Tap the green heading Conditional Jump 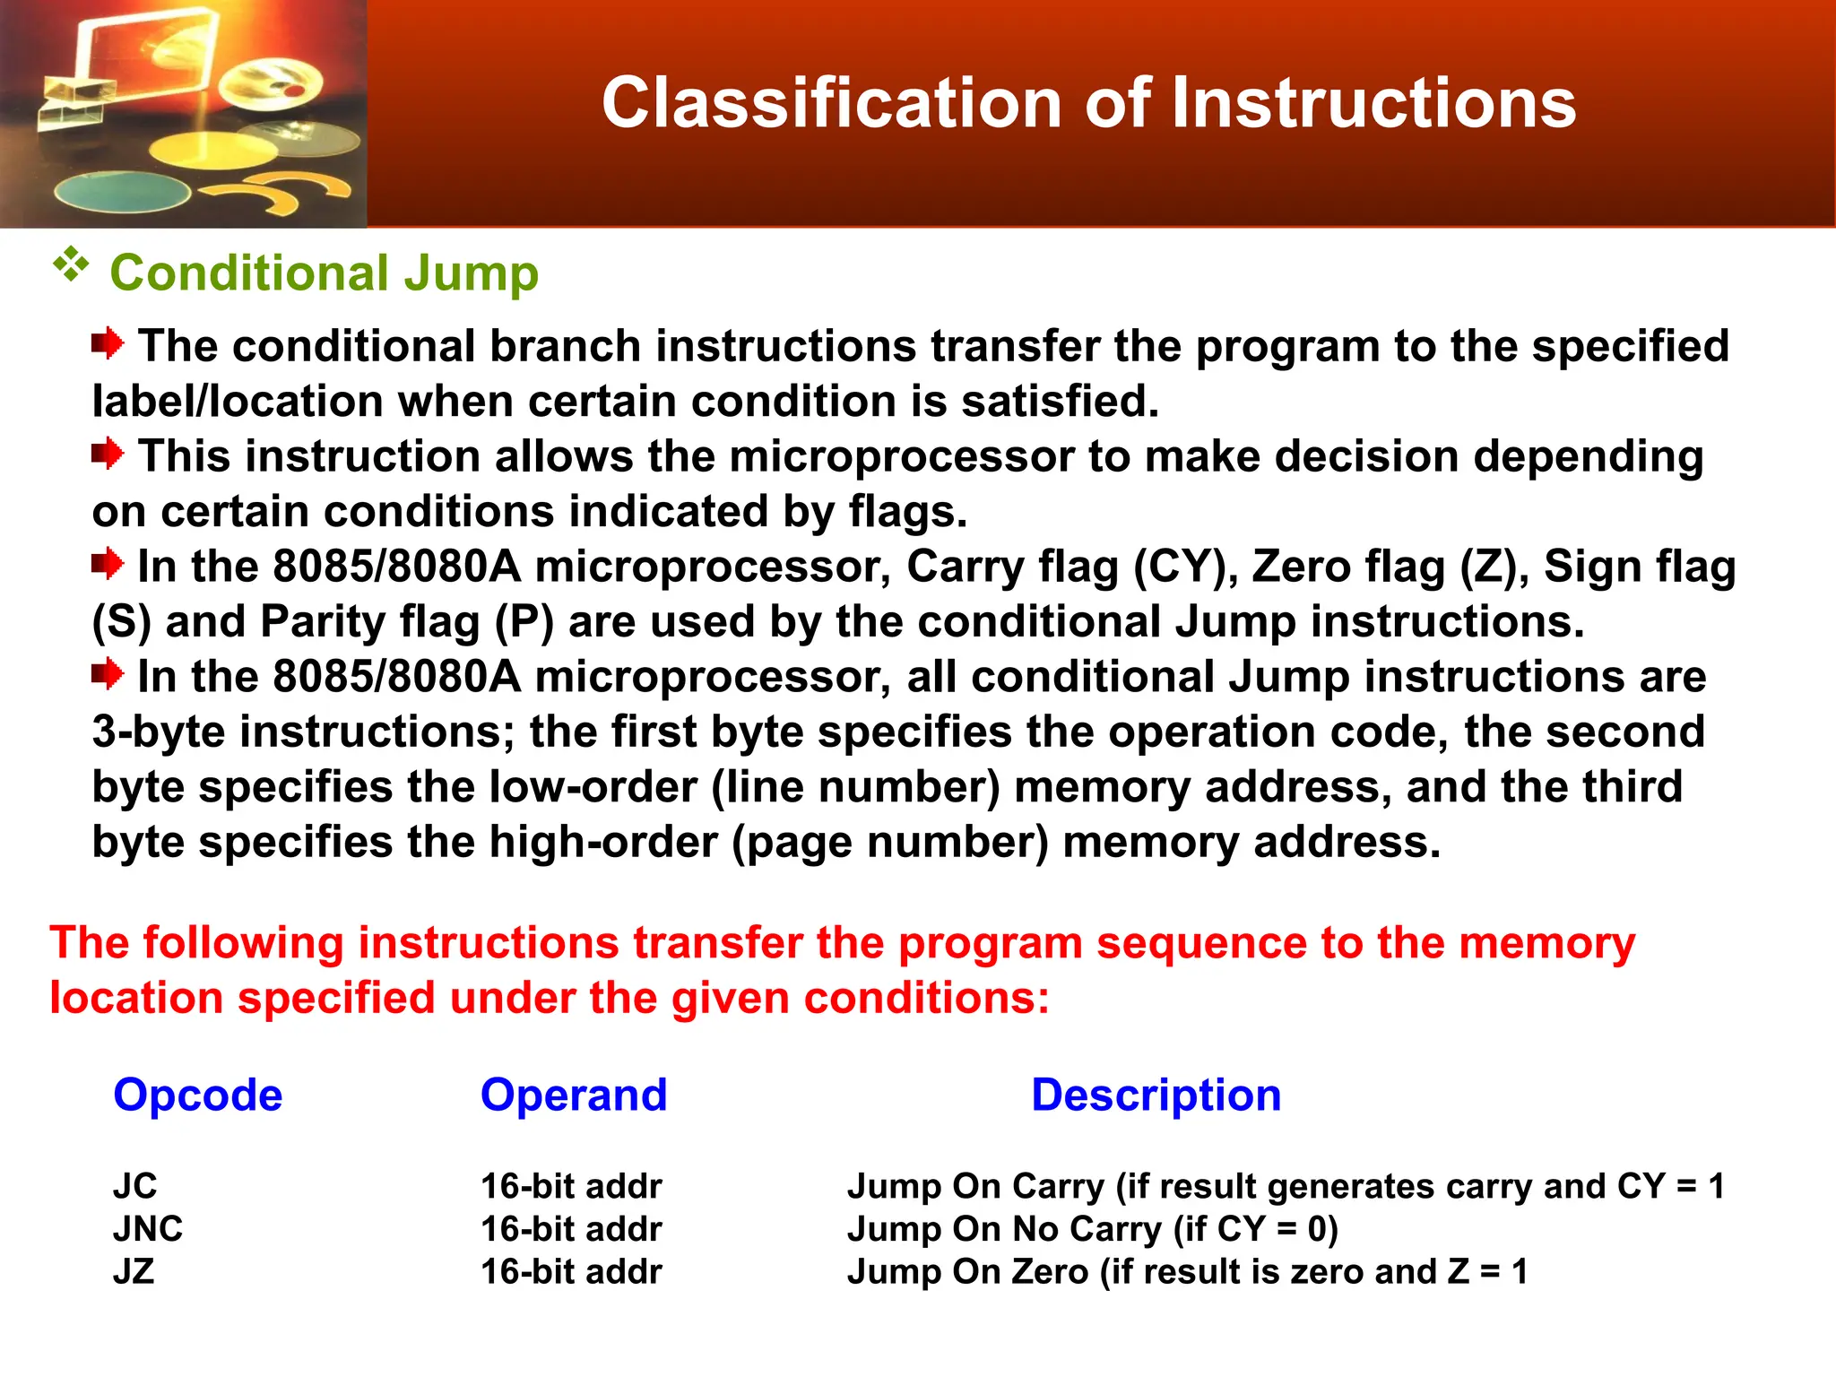pos(324,273)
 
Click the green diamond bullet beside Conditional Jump pos(71,265)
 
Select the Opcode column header pos(197,1095)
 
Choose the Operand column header pos(574,1095)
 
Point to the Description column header pos(1156,1095)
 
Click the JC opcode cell pos(135,1186)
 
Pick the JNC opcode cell pos(148,1228)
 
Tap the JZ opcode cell pos(134,1271)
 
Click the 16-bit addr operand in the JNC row pos(571,1228)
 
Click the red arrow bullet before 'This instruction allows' pos(108,454)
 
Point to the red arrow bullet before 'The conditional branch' pos(108,343)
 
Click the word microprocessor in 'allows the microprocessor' pos(902,456)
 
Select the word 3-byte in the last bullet pos(159,732)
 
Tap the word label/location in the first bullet pos(238,401)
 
